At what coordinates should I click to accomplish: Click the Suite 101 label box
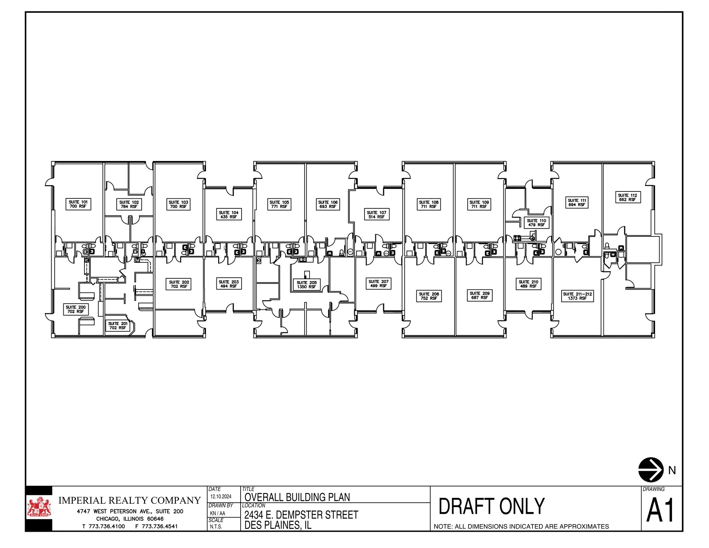78,204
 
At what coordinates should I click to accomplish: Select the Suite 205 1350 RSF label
306,285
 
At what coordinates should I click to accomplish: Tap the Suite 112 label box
627,197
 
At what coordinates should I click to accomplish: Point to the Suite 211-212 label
577,296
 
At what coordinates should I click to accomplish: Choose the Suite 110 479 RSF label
536,223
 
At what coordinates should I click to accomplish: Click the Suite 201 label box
118,325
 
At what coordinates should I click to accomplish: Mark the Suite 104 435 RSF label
228,215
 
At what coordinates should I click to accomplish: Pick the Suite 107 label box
376,215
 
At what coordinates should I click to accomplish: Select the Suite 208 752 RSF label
429,296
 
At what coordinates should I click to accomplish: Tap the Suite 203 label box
228,284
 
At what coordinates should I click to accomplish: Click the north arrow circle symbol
651,469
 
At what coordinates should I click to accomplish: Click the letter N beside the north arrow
672,470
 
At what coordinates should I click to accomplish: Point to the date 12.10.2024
221,496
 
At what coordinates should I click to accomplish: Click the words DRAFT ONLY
492,506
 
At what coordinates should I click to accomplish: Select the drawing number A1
661,511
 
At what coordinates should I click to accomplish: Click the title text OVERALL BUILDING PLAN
297,497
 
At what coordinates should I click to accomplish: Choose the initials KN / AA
217,513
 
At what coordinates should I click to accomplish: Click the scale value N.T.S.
216,527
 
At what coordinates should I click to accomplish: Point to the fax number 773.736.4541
160,527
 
